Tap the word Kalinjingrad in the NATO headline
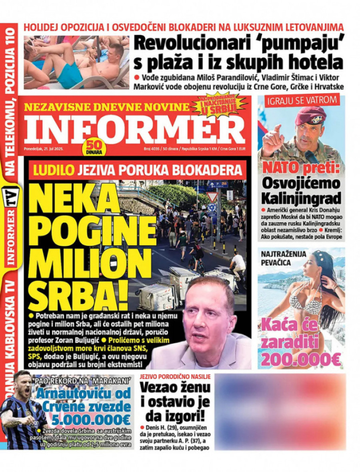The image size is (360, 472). coord(301,198)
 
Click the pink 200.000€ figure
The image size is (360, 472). coord(301,359)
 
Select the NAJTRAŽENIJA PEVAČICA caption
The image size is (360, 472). coord(281,258)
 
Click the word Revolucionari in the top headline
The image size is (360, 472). coord(188,44)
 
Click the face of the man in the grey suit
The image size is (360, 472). coord(209,320)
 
